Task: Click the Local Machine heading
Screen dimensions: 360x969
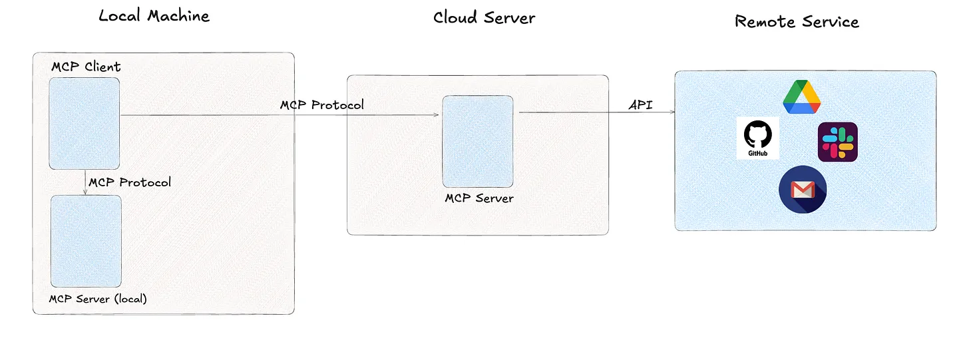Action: pos(154,16)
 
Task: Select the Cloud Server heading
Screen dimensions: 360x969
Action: pos(484,17)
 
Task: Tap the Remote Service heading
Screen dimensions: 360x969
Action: pos(797,21)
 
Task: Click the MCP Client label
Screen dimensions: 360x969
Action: pos(86,67)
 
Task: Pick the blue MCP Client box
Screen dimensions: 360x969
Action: pos(85,123)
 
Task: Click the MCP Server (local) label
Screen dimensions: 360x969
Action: pos(98,299)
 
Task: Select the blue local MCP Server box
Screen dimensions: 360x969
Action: pos(86,241)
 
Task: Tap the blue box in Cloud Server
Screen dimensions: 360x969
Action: pos(478,141)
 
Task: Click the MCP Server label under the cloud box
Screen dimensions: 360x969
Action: pos(479,198)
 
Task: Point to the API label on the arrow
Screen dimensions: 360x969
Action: pos(640,105)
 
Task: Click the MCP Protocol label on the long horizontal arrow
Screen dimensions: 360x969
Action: pos(321,105)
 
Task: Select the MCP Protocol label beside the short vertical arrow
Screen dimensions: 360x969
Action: pos(130,182)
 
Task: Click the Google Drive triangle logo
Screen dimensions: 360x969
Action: pos(801,97)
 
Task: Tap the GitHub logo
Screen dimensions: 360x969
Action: pos(758,138)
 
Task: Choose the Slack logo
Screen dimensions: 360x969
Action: pos(837,142)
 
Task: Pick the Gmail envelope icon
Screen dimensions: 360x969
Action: pos(803,190)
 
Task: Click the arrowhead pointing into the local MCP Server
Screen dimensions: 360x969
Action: pos(85,192)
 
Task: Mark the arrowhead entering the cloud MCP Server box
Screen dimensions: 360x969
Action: pos(436,115)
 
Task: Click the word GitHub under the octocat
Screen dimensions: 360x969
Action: pos(758,153)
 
